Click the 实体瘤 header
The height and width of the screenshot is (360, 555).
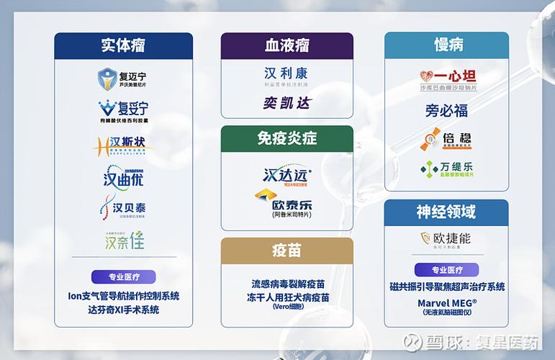point(123,45)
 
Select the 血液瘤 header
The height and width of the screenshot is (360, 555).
point(286,45)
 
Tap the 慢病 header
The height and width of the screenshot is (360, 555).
point(446,45)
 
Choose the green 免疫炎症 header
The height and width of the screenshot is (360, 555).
point(286,138)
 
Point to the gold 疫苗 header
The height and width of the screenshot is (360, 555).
point(286,250)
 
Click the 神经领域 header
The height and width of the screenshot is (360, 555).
point(446,212)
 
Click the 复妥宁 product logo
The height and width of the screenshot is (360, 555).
point(123,110)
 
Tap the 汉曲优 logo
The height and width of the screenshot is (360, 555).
point(123,175)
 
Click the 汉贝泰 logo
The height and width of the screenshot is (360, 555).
point(123,208)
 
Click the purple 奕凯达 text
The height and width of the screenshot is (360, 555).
point(286,103)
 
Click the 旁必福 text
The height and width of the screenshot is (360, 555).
point(446,111)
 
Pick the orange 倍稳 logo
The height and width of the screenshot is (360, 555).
point(446,140)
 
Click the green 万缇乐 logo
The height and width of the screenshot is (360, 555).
point(446,169)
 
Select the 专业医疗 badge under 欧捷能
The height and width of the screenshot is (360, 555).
point(446,270)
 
